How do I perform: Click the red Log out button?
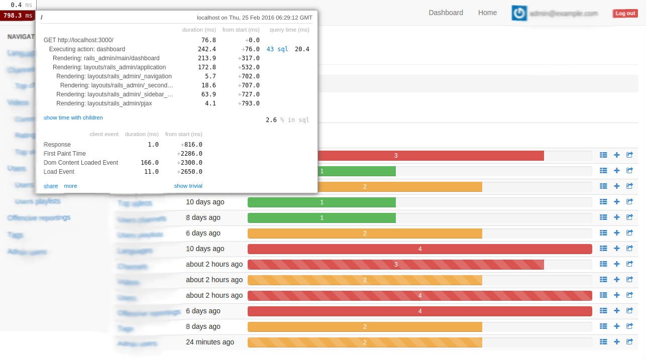pyautogui.click(x=625, y=14)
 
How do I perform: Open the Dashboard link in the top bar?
pyautogui.click(x=446, y=13)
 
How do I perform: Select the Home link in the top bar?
pyautogui.click(x=487, y=13)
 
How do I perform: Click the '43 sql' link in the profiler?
pyautogui.click(x=277, y=49)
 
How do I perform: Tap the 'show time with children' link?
pyautogui.click(x=73, y=117)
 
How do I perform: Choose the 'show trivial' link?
pyautogui.click(x=188, y=186)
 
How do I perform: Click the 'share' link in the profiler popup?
pyautogui.click(x=51, y=186)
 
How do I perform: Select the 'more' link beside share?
pyautogui.click(x=70, y=186)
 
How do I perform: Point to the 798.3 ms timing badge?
pyautogui.click(x=18, y=16)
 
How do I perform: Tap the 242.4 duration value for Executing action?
pyautogui.click(x=207, y=49)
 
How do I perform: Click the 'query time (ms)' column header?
pyautogui.click(x=289, y=30)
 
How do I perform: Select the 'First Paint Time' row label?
pyautogui.click(x=65, y=154)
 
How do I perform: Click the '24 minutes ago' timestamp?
pyautogui.click(x=210, y=342)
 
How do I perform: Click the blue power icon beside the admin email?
pyautogui.click(x=519, y=14)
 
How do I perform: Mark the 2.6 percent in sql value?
pyautogui.click(x=271, y=120)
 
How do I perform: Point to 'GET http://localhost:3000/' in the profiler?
pyautogui.click(x=78, y=40)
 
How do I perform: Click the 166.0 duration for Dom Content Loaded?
pyautogui.click(x=150, y=163)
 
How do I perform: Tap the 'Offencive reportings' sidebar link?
pyautogui.click(x=39, y=217)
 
